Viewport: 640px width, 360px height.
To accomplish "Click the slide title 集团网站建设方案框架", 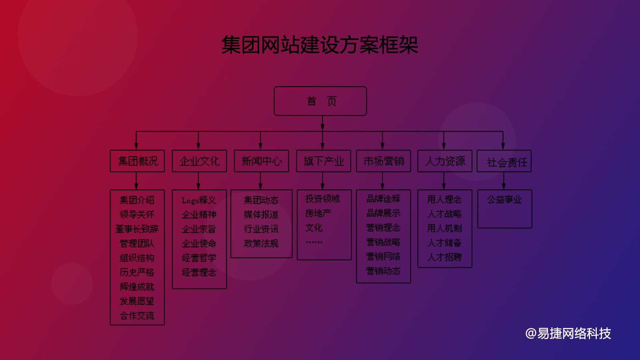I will (x=320, y=45).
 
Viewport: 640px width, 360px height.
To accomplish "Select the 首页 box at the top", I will (x=320, y=101).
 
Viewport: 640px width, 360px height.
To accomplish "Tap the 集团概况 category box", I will (x=137, y=161).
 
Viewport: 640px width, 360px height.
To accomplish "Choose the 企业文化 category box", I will (x=199, y=161).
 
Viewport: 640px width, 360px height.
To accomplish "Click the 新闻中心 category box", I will (x=261, y=161).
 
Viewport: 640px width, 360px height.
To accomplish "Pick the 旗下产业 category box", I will (x=323, y=161).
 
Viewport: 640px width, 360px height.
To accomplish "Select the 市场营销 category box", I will (x=383, y=161).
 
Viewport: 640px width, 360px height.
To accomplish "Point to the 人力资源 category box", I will (x=445, y=161).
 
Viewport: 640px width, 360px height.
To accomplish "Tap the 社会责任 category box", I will (x=504, y=162).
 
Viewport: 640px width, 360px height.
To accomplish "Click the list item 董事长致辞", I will (x=137, y=229).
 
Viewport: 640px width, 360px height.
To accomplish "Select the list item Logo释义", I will (x=199, y=200).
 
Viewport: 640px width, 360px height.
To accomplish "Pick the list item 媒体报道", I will (x=261, y=215).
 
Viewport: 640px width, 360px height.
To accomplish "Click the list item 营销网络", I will (x=383, y=256).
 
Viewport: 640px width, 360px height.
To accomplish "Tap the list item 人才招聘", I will (x=444, y=257).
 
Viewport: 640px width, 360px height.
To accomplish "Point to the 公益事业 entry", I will (x=504, y=199).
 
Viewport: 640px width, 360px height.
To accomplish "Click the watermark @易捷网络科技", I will (x=568, y=333).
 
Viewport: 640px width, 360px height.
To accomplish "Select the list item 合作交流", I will (x=137, y=316).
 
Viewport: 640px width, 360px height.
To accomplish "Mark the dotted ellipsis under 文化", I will (x=314, y=242).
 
